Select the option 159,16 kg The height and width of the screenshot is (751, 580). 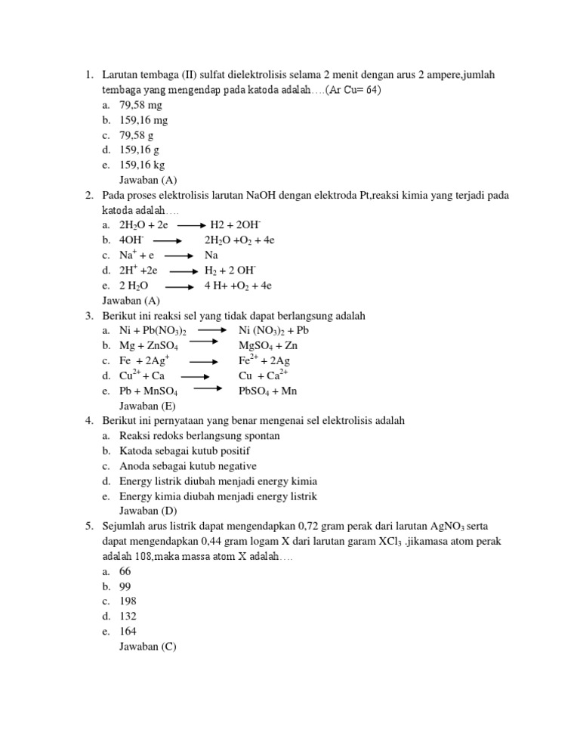tap(142, 165)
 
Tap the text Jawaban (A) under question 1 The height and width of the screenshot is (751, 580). tap(148, 180)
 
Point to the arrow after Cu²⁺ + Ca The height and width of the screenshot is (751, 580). tap(195, 375)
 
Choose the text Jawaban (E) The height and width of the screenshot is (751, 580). tap(147, 406)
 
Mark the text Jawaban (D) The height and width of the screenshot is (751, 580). tap(148, 511)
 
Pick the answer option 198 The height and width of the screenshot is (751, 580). tap(128, 601)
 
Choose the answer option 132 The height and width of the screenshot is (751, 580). tap(128, 616)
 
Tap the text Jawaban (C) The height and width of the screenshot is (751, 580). tap(148, 646)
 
